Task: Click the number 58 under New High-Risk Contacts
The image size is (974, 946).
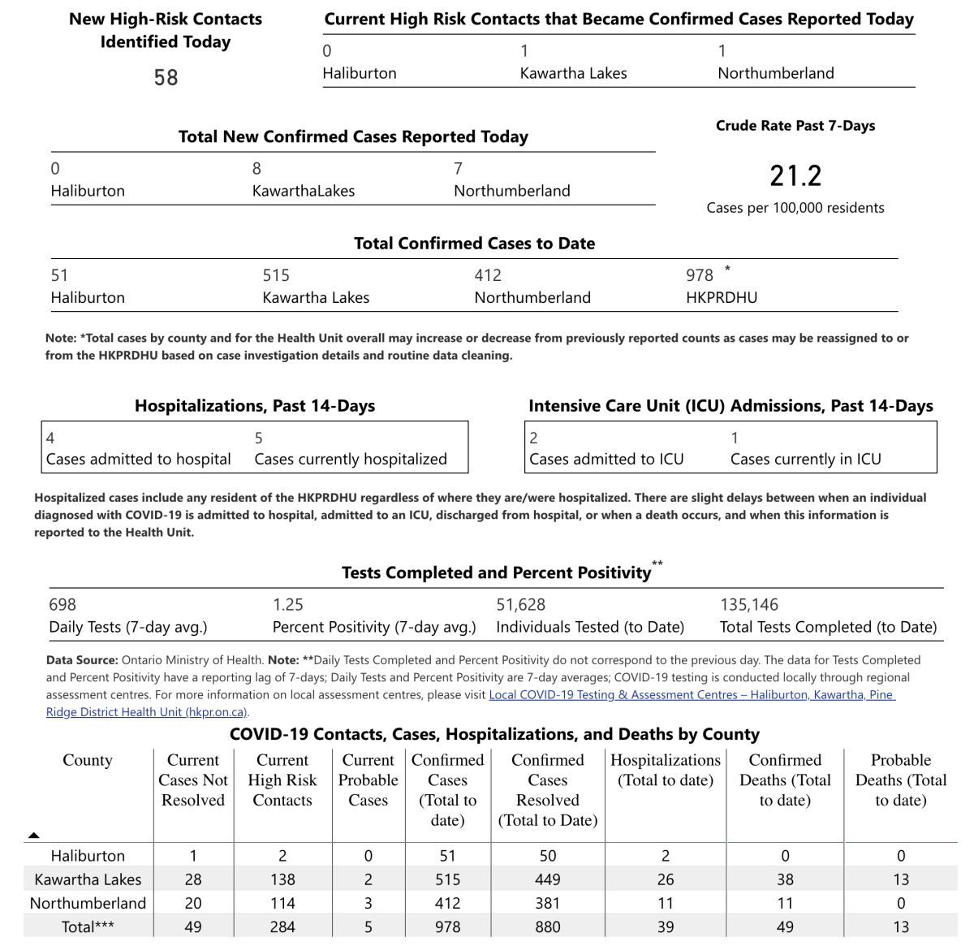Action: [x=166, y=78]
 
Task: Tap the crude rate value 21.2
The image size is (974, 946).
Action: [x=795, y=175]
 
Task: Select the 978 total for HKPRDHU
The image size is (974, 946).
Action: [x=700, y=275]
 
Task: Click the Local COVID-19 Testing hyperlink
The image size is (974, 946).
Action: [x=691, y=695]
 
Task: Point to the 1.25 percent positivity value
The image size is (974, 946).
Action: [x=287, y=604]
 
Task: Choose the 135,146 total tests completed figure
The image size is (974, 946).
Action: [x=748, y=604]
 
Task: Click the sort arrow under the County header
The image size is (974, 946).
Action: [x=33, y=835]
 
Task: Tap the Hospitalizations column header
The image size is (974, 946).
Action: [x=665, y=770]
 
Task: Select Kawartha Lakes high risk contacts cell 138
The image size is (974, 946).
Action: [x=282, y=879]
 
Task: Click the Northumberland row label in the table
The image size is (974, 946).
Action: [x=88, y=903]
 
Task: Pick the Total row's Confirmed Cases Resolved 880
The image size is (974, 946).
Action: [x=547, y=927]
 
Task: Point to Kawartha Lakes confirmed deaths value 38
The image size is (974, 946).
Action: [x=784, y=879]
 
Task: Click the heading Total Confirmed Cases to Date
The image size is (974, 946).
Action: [x=474, y=244]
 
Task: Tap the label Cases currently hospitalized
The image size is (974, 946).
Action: [x=350, y=459]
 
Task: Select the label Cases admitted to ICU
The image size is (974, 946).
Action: [x=606, y=459]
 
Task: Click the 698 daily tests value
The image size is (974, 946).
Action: [x=62, y=604]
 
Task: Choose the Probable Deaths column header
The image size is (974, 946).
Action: [x=900, y=780]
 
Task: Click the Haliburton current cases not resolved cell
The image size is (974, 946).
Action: [x=192, y=856]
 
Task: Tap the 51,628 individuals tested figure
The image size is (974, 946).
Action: [x=520, y=604]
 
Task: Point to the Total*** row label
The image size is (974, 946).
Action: [x=88, y=927]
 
